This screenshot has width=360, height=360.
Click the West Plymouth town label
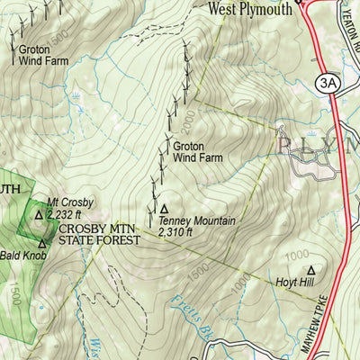[251, 10]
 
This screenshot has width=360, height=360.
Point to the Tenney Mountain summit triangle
[165, 208]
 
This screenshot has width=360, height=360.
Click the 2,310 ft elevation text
[176, 232]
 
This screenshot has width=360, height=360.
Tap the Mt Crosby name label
[65, 202]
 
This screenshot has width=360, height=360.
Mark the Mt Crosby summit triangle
[38, 215]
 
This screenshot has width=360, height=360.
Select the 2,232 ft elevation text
[67, 214]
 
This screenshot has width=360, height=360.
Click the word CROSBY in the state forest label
[81, 229]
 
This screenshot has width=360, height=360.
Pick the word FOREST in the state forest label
[118, 240]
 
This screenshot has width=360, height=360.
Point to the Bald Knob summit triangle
[41, 242]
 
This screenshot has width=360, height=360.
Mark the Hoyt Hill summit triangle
[311, 269]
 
